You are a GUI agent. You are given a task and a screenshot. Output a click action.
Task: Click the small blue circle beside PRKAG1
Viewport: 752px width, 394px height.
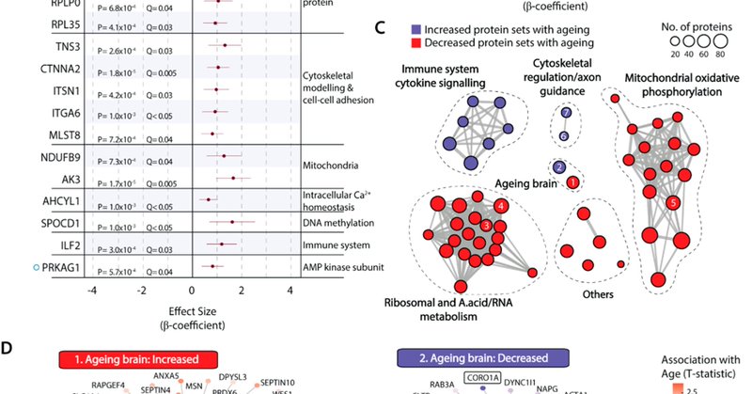(x=8, y=269)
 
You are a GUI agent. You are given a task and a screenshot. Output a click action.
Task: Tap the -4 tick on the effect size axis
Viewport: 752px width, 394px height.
(x=91, y=292)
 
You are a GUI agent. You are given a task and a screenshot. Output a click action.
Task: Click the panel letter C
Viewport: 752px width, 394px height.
(x=381, y=25)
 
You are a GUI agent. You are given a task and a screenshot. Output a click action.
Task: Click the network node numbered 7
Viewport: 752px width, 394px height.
(x=565, y=113)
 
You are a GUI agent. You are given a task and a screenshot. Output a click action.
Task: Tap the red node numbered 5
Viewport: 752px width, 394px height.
(x=672, y=202)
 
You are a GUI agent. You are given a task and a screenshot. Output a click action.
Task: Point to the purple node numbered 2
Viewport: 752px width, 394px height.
(x=559, y=167)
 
